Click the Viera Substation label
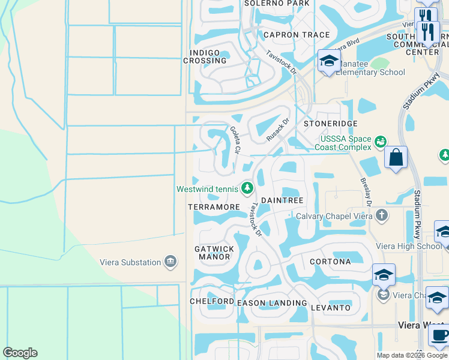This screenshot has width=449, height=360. pos(130,262)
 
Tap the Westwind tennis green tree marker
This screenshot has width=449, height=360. pos(247,189)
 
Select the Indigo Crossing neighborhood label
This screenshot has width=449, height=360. pos(205,56)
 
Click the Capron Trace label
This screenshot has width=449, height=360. pos(297,35)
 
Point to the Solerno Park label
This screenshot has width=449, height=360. pos(277,4)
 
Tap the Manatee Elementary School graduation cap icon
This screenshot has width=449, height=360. pos(329,61)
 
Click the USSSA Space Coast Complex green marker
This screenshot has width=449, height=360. pos(380,142)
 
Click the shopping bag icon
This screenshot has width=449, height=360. pos(396,158)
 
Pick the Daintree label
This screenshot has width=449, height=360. pos(282,200)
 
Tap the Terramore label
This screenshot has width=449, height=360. pos(214,206)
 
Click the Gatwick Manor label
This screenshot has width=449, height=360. pos(214,253)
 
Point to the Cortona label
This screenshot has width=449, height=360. pos(330,262)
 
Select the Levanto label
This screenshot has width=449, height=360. pos(331,308)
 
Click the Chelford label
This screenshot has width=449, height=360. pos(211,301)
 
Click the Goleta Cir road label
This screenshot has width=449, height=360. pos(235,139)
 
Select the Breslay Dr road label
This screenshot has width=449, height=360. pos(366,192)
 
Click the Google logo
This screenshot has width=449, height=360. pos(20,353)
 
